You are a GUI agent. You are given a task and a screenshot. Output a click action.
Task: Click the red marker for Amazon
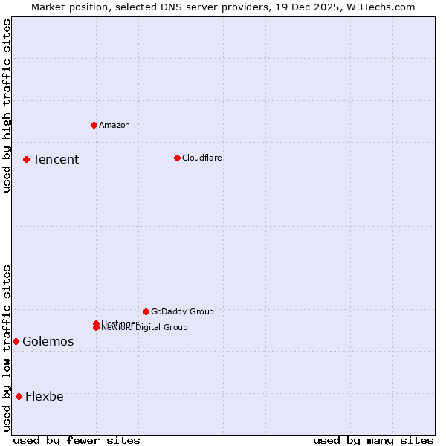[x=94, y=125]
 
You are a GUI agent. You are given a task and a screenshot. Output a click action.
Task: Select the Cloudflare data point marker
[x=177, y=158]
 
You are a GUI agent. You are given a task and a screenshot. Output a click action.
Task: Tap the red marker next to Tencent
[x=26, y=159]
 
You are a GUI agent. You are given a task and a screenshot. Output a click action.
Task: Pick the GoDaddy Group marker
[x=146, y=311]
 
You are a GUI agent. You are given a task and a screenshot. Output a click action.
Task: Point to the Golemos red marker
[x=16, y=341]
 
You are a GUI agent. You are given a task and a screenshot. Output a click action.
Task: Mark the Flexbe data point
[x=19, y=396]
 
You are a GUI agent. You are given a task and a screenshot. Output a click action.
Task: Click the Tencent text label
[x=56, y=159]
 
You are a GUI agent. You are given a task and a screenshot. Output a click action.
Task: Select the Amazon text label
[x=114, y=125]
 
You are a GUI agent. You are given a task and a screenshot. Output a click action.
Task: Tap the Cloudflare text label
[x=202, y=158]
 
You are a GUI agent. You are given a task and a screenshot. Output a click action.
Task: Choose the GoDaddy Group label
[x=182, y=311]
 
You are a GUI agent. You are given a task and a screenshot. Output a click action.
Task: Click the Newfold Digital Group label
[x=146, y=328]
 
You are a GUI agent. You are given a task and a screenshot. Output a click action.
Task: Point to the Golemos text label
[x=48, y=341]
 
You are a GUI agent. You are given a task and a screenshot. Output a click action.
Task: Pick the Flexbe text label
[x=45, y=396]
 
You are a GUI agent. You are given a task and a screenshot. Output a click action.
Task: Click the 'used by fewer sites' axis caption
[x=77, y=440]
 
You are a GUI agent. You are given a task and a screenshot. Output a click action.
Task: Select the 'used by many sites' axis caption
[x=373, y=440]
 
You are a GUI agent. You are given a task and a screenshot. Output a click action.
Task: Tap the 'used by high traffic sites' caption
[x=7, y=106]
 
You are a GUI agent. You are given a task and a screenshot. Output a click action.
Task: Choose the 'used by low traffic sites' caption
[x=7, y=348]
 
